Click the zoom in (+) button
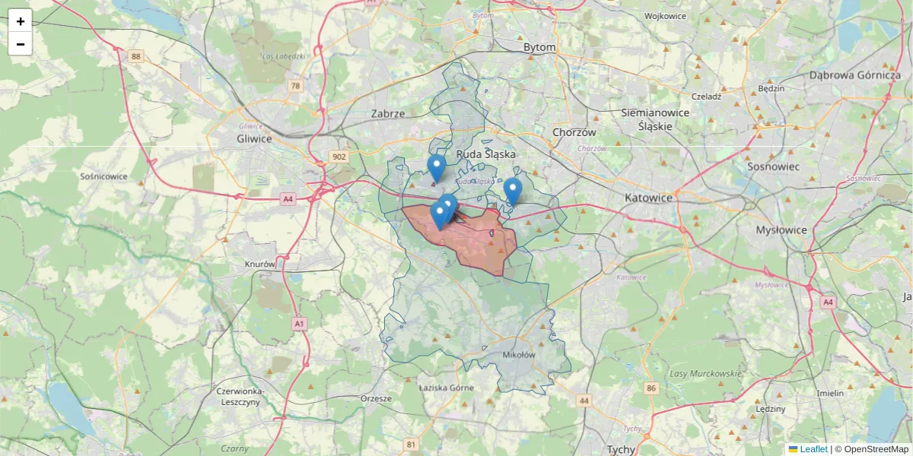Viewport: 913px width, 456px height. pyautogui.click(x=21, y=21)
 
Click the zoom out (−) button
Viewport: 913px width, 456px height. pyautogui.click(x=21, y=44)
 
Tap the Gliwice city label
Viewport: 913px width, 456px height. pyautogui.click(x=254, y=138)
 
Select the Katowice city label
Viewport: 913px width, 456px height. pyautogui.click(x=648, y=198)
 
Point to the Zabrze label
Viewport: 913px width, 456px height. pyautogui.click(x=388, y=113)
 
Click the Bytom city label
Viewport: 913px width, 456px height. pyautogui.click(x=539, y=47)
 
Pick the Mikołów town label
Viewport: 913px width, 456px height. pyautogui.click(x=520, y=355)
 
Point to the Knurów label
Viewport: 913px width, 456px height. pyautogui.click(x=259, y=264)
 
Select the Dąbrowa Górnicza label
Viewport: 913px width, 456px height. pyautogui.click(x=854, y=75)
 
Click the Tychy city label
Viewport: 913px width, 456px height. pyautogui.click(x=621, y=449)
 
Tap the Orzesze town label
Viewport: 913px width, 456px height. pyautogui.click(x=376, y=398)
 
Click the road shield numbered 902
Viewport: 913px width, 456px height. pyautogui.click(x=339, y=157)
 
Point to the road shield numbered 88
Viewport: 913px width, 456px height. pyautogui.click(x=136, y=56)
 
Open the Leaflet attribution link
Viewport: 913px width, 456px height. pyautogui.click(x=813, y=449)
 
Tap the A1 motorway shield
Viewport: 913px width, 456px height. pyautogui.click(x=299, y=324)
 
